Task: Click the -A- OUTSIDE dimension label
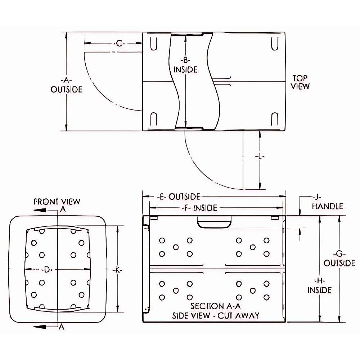pyautogui.click(x=66, y=85)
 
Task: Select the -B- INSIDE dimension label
pyautogui.click(x=185, y=65)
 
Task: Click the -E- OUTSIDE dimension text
pyautogui.click(x=179, y=197)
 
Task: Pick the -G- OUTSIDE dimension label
pyautogui.click(x=339, y=258)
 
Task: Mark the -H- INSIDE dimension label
pyautogui.click(x=319, y=285)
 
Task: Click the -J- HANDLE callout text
pyautogui.click(x=327, y=202)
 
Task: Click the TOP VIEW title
pyautogui.click(x=300, y=82)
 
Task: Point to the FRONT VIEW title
pyautogui.click(x=57, y=201)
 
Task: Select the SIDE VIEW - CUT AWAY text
pyautogui.click(x=215, y=316)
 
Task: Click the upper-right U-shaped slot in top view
pyautogui.click(x=275, y=44)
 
